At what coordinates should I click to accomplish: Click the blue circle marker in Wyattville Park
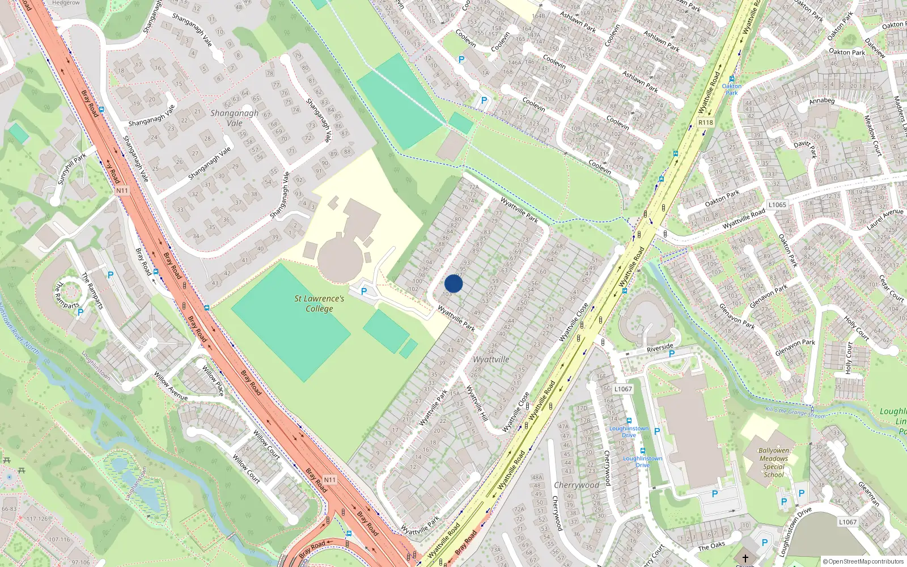(453, 283)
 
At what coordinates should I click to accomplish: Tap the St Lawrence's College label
(319, 303)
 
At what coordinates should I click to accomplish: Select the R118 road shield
(706, 122)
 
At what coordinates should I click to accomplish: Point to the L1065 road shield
(777, 205)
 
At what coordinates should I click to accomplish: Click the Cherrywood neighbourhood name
(576, 485)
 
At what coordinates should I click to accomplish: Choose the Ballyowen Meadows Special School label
(774, 463)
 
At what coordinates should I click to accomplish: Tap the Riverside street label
(660, 347)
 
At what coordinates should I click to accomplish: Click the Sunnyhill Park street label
(72, 168)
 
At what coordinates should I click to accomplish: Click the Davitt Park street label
(805, 149)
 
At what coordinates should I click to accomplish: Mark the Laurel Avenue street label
(885, 219)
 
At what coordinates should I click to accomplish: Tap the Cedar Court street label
(891, 289)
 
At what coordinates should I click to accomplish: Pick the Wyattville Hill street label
(477, 403)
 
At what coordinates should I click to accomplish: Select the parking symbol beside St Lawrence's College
(364, 291)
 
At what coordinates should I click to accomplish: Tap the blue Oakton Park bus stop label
(732, 90)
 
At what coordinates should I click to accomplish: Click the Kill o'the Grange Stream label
(795, 412)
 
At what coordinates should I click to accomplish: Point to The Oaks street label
(711, 546)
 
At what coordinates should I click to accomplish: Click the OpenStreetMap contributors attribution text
(863, 562)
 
